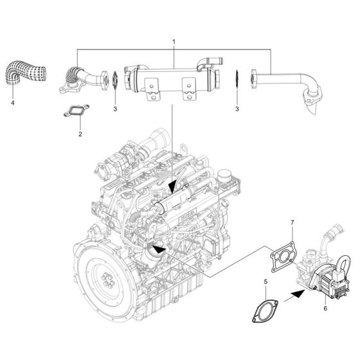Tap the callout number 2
click(x=80, y=134)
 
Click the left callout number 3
click(x=115, y=110)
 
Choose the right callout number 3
click(x=237, y=110)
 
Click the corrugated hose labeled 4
click(x=23, y=75)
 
